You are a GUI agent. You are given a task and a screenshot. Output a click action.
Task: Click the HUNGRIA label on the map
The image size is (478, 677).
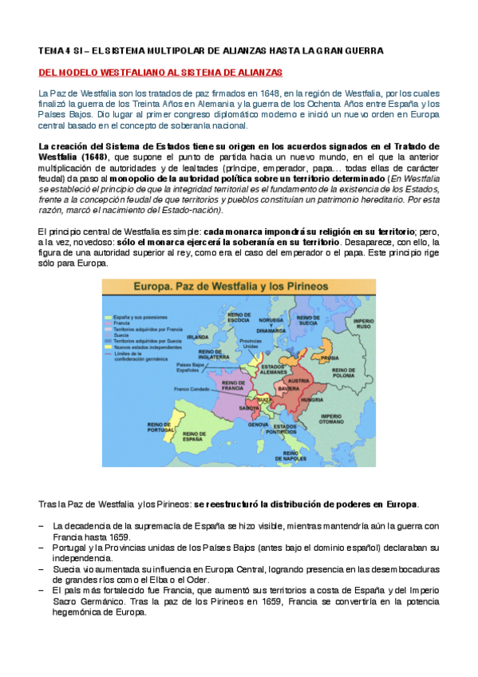pos(310,399)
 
